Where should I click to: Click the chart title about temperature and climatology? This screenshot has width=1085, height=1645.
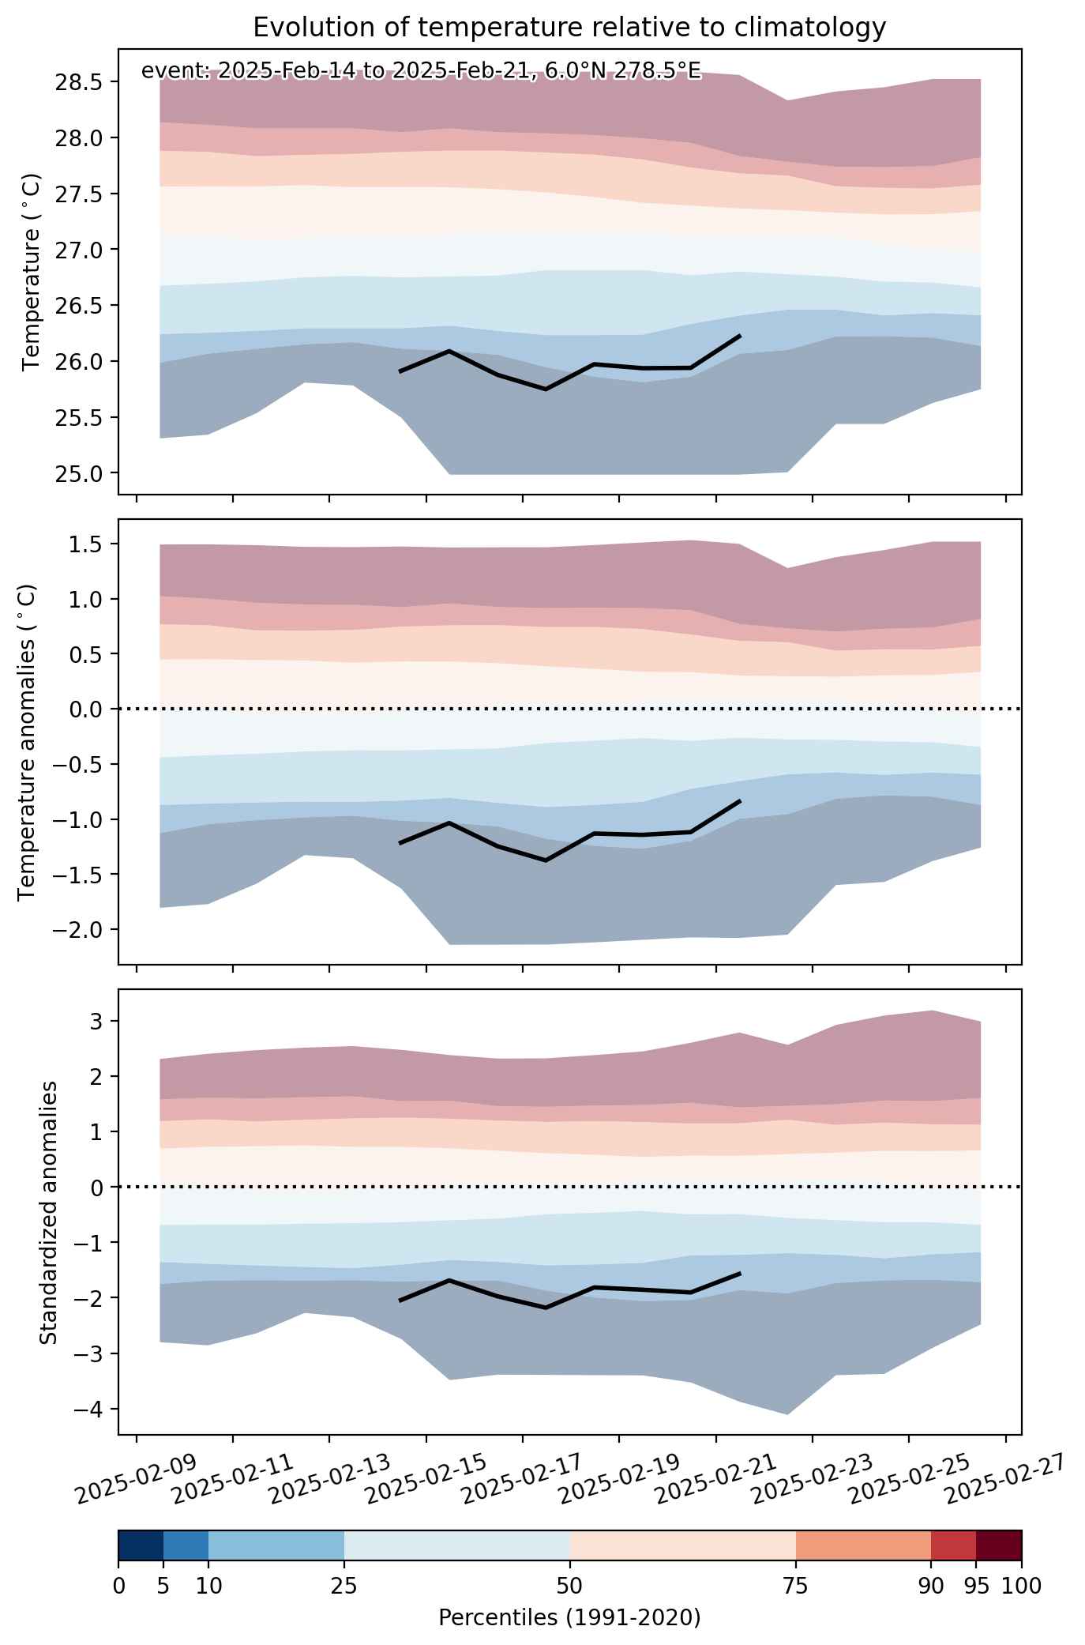(x=569, y=28)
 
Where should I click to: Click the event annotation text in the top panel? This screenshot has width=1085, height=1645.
(x=421, y=71)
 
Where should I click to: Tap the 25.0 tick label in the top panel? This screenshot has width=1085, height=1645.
(x=83, y=473)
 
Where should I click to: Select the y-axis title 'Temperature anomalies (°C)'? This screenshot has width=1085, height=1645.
(x=28, y=742)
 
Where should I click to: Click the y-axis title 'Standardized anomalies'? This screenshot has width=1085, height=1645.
(x=49, y=1211)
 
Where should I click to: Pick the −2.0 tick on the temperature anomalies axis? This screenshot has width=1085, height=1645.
(x=77, y=929)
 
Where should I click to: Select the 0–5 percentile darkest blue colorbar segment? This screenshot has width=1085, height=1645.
(x=141, y=1545)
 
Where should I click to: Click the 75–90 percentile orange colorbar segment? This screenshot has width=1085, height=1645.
(x=863, y=1545)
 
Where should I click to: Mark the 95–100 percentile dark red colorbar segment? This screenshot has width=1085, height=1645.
(x=999, y=1545)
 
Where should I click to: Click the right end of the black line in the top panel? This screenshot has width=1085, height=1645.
(x=740, y=336)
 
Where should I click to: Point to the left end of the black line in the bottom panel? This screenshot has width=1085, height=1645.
(x=400, y=1301)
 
